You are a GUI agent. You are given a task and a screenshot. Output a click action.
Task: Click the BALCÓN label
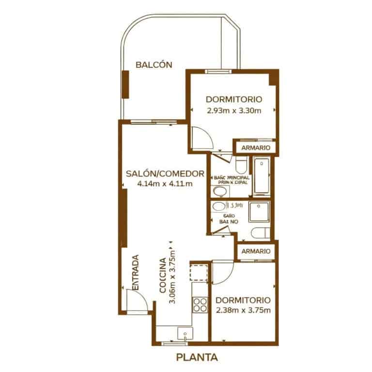(x=154, y=64)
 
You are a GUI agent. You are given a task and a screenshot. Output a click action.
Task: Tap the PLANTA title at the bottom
(x=197, y=358)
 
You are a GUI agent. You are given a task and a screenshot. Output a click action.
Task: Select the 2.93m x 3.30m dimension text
(x=234, y=110)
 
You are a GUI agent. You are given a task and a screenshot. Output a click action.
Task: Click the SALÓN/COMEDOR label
(x=164, y=173)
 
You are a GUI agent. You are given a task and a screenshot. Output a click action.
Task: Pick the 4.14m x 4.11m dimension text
(x=165, y=184)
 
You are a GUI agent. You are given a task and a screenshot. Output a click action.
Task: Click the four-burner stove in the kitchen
(x=200, y=304)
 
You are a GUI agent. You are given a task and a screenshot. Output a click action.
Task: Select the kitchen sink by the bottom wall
(x=185, y=334)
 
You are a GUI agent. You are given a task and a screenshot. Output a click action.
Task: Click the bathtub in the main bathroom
(x=262, y=177)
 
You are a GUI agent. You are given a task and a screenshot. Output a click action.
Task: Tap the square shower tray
(x=261, y=212)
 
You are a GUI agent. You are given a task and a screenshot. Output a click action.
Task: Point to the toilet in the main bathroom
(x=241, y=164)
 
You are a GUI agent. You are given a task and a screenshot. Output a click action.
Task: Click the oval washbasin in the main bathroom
(x=220, y=193)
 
